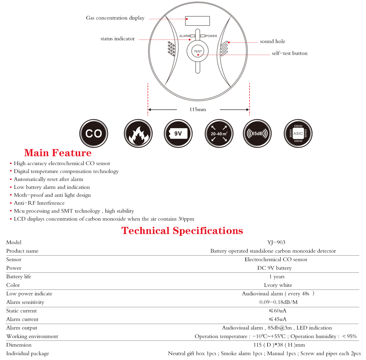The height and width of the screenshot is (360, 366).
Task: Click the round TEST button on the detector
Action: [x=198, y=51]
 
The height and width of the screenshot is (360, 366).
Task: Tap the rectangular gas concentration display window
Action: [x=197, y=21]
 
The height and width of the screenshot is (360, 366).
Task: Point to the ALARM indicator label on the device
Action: [x=185, y=36]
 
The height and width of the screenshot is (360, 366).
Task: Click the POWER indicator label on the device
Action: [x=211, y=36]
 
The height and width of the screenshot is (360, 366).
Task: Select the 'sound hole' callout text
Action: [x=272, y=41]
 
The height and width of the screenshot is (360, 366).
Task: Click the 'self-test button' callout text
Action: [x=289, y=53]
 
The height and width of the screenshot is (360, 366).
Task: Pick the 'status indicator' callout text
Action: [x=117, y=39]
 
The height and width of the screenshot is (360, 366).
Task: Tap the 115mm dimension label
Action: [x=198, y=110]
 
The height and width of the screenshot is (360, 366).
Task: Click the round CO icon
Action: [x=94, y=134]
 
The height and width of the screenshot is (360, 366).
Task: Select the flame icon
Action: [x=138, y=134]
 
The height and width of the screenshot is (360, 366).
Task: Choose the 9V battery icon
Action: [x=178, y=134]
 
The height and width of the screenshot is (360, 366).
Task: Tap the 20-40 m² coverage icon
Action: [x=219, y=134]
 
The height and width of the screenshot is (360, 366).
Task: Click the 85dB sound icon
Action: [x=257, y=134]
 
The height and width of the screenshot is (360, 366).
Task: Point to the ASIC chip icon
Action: [x=298, y=134]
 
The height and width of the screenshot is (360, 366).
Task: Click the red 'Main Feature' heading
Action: [x=58, y=153]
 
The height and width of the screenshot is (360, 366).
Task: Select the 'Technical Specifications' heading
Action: [x=182, y=231]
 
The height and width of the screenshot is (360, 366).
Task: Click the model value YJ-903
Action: [x=276, y=243]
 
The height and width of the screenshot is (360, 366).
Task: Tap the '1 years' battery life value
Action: [x=277, y=277]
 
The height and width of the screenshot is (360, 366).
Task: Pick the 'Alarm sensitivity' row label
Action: [x=25, y=302]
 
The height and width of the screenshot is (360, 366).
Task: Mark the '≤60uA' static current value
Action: [x=277, y=311]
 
